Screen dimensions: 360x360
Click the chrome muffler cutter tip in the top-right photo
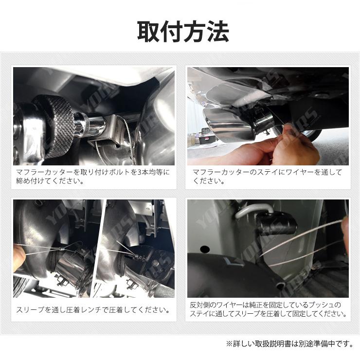pos(228,126)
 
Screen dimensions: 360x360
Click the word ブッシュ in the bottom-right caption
pos(326,305)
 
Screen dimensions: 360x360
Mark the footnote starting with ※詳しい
pos(289,343)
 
